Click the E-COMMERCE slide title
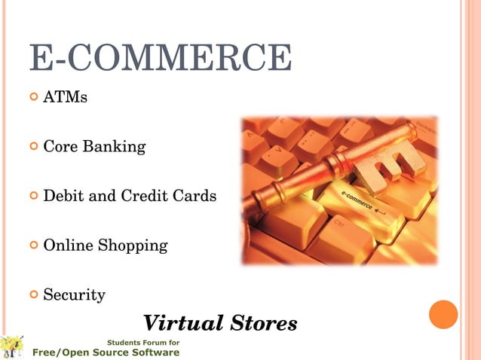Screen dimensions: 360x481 (x=160, y=58)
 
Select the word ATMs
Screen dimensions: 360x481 (x=65, y=97)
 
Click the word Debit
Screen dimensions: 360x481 (x=63, y=196)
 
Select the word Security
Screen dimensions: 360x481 (x=74, y=294)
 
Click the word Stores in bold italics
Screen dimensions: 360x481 (x=261, y=324)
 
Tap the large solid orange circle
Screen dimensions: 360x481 (x=443, y=314)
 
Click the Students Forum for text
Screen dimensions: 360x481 (x=143, y=343)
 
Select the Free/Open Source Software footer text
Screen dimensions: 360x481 (x=106, y=352)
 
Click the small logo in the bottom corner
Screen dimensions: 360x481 (x=12, y=347)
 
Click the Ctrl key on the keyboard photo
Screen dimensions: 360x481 (x=340, y=227)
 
